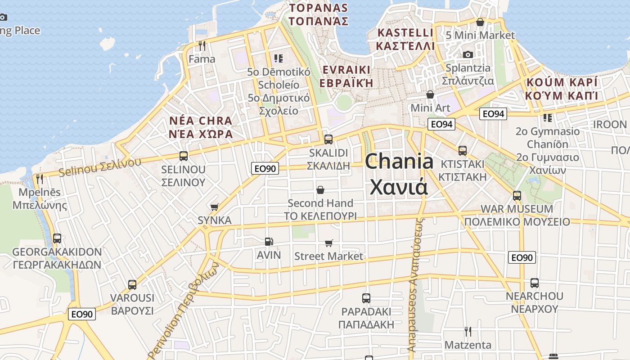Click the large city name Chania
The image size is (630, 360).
399,161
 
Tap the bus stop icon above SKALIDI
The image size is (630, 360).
328,139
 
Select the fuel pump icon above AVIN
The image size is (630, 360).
269,242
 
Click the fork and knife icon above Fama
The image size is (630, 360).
202,45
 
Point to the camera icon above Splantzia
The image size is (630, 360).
468,54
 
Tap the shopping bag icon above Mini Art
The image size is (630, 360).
430,94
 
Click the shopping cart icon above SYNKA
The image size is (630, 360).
215,207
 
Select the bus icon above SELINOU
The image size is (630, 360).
183,156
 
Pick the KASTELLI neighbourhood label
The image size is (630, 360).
405,33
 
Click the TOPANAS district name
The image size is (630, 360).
319,8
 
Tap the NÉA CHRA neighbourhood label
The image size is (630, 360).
201,121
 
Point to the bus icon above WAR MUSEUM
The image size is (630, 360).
517,196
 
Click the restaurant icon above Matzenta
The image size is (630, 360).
468,332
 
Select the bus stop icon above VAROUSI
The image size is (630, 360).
132,284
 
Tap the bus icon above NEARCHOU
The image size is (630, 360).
534,283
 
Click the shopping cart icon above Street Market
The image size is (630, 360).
329,243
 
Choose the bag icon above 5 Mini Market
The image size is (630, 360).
480,22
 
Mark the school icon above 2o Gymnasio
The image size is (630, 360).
547,118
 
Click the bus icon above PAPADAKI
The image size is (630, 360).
366,298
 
